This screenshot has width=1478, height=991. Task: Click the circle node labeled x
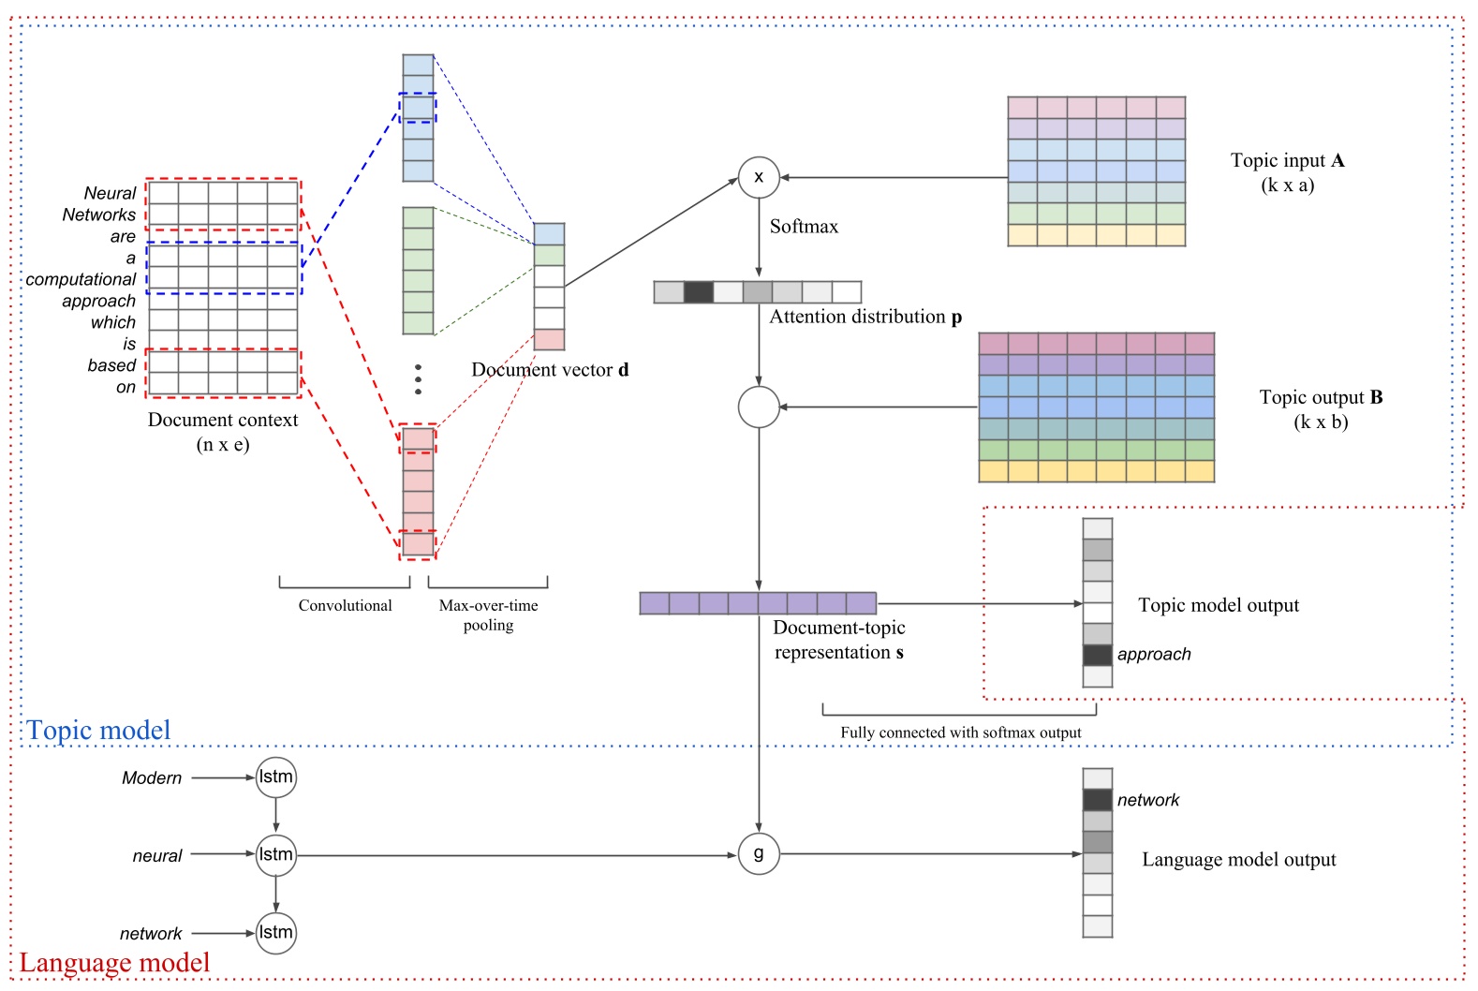(759, 177)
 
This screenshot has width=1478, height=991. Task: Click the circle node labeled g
(759, 853)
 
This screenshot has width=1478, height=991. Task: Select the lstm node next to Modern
(275, 777)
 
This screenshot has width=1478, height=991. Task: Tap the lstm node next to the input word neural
(275, 854)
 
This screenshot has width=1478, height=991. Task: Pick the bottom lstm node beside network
(275, 932)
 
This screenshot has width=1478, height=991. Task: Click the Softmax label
(804, 227)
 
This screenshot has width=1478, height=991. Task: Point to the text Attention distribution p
(865, 317)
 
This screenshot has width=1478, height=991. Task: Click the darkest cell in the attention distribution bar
(698, 292)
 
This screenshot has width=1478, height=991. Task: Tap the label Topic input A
(1287, 160)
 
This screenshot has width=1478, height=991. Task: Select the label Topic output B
(1321, 397)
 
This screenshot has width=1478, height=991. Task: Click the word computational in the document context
(81, 279)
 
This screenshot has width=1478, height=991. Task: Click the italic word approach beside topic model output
(1154, 654)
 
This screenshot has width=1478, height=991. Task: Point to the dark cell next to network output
(1097, 800)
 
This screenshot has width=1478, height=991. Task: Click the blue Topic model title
(98, 730)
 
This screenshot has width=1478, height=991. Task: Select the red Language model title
(114, 962)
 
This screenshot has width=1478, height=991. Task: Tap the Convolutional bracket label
(345, 605)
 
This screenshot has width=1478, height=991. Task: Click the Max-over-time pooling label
(488, 614)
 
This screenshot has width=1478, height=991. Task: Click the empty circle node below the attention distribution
(759, 407)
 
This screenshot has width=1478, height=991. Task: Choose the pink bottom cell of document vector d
(549, 339)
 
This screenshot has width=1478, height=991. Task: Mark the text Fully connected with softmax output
(960, 732)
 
